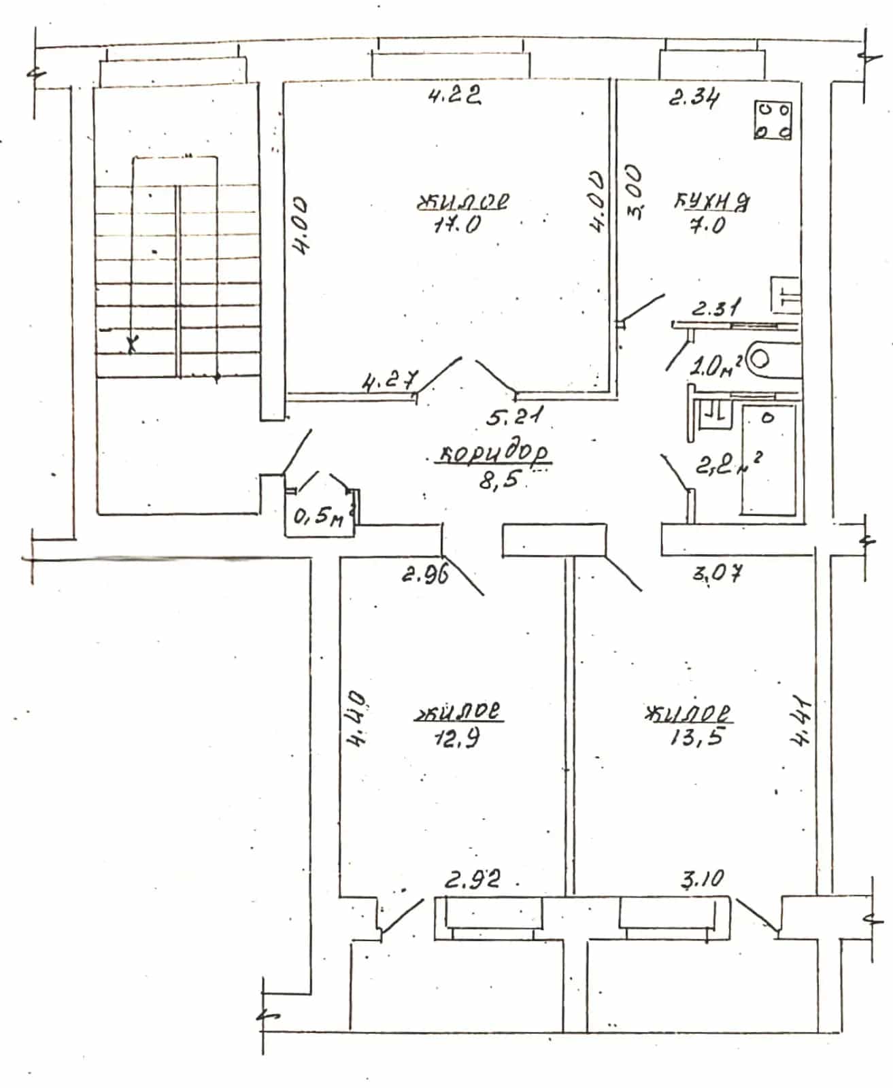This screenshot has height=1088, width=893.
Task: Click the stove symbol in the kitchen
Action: pyautogui.click(x=773, y=120)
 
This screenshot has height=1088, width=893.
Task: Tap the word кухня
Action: pyautogui.click(x=711, y=201)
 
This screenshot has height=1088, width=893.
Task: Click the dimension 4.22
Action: pyautogui.click(x=455, y=95)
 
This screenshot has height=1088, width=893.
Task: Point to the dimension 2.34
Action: pyautogui.click(x=694, y=98)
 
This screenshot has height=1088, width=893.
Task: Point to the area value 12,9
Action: pyautogui.click(x=457, y=739)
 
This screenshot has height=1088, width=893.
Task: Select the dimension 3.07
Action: pyautogui.click(x=717, y=573)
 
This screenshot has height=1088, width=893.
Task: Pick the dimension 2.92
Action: pyautogui.click(x=472, y=879)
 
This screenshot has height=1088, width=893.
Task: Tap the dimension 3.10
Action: pyautogui.click(x=703, y=879)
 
